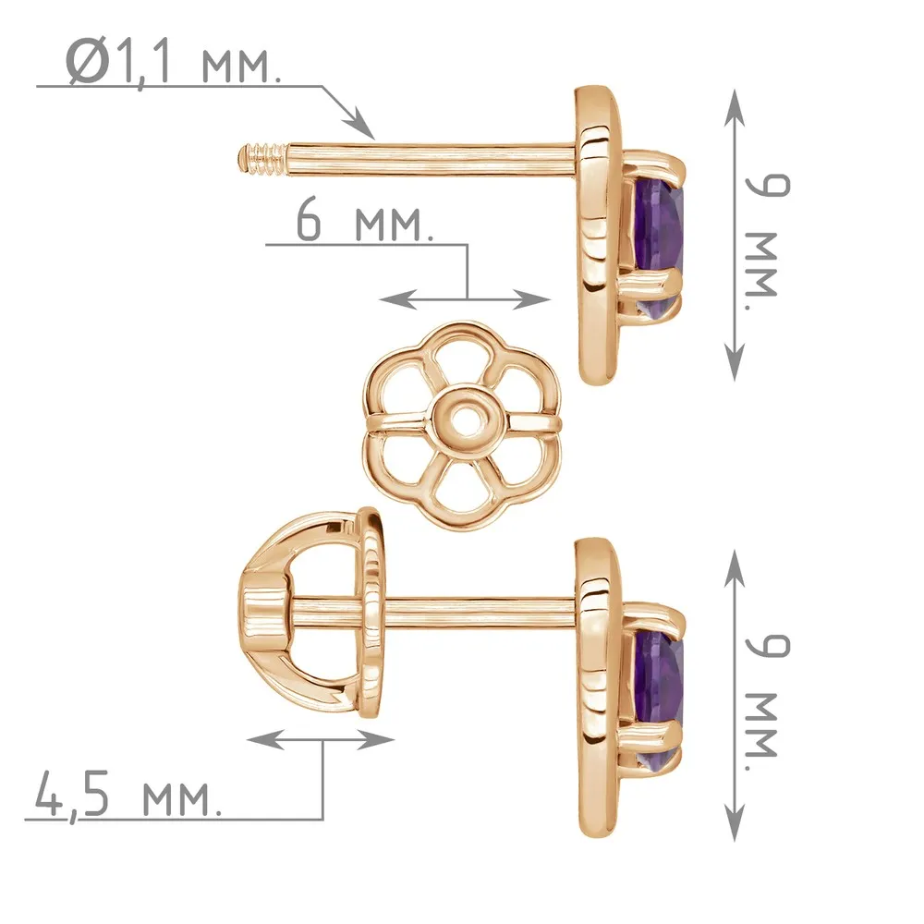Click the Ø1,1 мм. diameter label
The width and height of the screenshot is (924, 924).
(x=174, y=62)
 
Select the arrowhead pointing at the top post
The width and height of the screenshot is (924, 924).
(x=359, y=125)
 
